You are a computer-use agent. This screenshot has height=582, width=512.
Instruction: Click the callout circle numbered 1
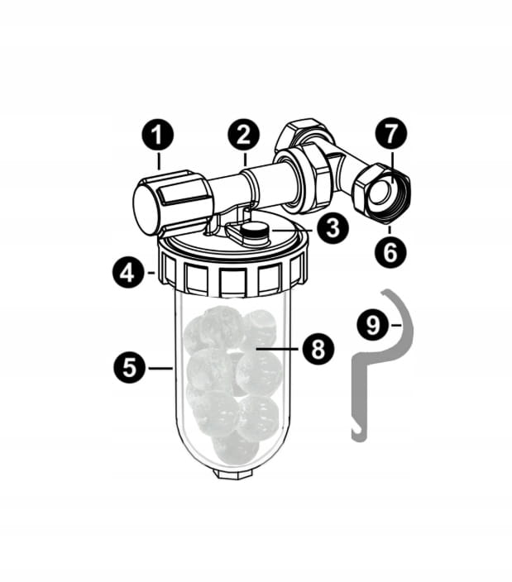(x=158, y=135)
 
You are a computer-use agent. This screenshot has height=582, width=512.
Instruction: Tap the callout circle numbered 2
(x=243, y=135)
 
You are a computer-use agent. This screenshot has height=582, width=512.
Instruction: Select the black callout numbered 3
(x=333, y=227)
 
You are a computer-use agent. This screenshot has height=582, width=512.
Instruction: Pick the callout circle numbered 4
(x=128, y=274)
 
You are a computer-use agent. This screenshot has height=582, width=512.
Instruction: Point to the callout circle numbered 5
(x=129, y=367)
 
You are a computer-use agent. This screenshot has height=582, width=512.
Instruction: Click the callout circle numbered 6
(x=390, y=252)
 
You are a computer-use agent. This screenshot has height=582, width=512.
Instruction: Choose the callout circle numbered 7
(x=390, y=134)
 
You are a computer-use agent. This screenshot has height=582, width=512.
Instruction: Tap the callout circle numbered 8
(x=318, y=349)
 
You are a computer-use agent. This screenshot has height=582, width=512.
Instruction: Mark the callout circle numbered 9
(x=373, y=324)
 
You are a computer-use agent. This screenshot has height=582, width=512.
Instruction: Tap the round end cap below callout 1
(x=146, y=210)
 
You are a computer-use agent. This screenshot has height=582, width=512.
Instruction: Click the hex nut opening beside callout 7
(x=383, y=191)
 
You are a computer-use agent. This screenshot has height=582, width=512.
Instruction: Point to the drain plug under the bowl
(x=234, y=473)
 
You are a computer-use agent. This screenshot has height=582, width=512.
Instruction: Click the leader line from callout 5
(x=160, y=368)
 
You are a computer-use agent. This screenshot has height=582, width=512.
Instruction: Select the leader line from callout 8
(x=277, y=349)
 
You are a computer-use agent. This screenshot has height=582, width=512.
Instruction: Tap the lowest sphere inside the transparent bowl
(x=235, y=448)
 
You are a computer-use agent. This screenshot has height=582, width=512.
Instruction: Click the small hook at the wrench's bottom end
(x=358, y=435)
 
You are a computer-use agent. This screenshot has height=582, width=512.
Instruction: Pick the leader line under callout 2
(x=245, y=159)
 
